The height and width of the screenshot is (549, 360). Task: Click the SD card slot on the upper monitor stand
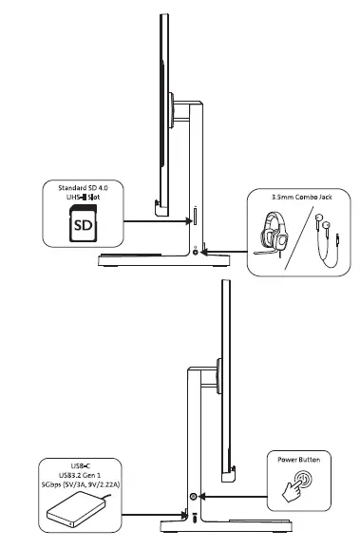click(196, 216)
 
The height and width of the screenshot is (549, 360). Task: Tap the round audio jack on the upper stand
click(196, 251)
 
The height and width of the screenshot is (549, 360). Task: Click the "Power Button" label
click(297, 460)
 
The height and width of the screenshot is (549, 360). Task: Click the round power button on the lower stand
click(196, 497)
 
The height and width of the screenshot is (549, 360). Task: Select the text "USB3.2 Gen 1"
click(85, 475)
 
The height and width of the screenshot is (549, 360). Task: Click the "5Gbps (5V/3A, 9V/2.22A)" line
click(85, 485)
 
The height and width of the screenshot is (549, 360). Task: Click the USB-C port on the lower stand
click(196, 519)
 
